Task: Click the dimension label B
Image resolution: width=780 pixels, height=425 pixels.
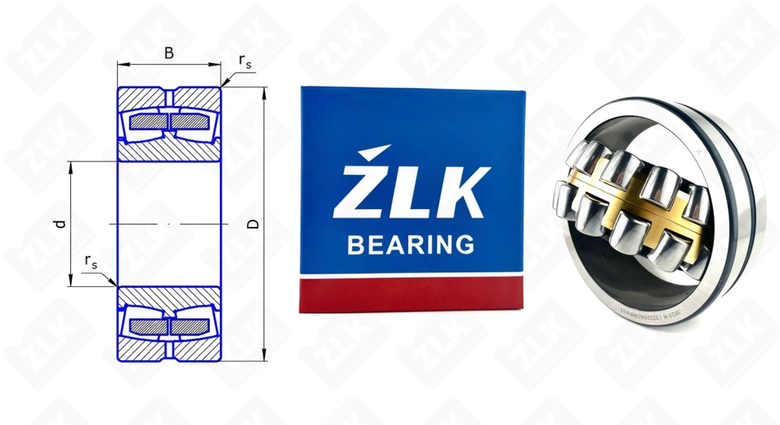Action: tap(168, 53)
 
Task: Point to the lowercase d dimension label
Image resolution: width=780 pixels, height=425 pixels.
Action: tap(59, 224)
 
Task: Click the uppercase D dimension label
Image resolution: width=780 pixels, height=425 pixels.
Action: tap(252, 224)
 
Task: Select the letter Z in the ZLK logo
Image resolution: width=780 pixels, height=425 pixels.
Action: tap(360, 190)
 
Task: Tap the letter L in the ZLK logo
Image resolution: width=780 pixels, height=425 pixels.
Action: tap(409, 192)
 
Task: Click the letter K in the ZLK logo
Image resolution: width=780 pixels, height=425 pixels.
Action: tap(462, 192)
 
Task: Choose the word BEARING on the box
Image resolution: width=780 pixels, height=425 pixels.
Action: tap(410, 245)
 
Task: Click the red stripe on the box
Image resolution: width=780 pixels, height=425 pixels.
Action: tap(412, 294)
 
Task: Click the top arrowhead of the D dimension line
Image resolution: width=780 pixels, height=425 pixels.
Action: tap(265, 92)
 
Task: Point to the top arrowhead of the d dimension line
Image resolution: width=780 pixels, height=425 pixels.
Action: tap(71, 166)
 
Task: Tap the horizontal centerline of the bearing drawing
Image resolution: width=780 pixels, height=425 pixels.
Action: tap(168, 224)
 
